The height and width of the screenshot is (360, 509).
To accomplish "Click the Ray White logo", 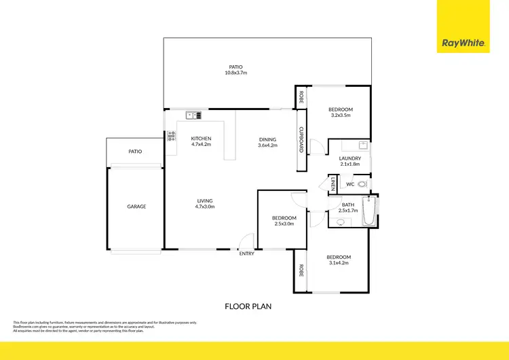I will point(463,42).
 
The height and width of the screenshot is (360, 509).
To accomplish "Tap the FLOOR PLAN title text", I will point(248,306).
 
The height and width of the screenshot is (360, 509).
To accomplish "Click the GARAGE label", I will point(136,206).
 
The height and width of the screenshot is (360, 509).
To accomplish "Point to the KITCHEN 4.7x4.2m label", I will point(201,141).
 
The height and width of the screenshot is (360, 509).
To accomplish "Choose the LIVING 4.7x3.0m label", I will point(205,204).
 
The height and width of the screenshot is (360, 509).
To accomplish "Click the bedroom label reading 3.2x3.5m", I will point(341,112).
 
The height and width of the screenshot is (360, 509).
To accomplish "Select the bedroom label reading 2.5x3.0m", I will point(284,220).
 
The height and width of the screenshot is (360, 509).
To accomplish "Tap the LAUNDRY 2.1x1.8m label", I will point(350,161).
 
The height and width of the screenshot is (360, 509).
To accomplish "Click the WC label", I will point(350,184).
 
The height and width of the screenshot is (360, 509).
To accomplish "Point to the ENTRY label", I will point(246,254).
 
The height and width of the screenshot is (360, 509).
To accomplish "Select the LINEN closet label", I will point(333,184).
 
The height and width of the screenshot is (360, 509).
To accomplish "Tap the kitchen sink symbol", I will point(192,115).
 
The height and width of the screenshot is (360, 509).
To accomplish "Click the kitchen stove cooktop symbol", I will point(170,136).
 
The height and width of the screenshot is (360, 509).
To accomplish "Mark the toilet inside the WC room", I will point(363,184).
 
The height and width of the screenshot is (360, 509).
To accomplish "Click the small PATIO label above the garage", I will point(135,151).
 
